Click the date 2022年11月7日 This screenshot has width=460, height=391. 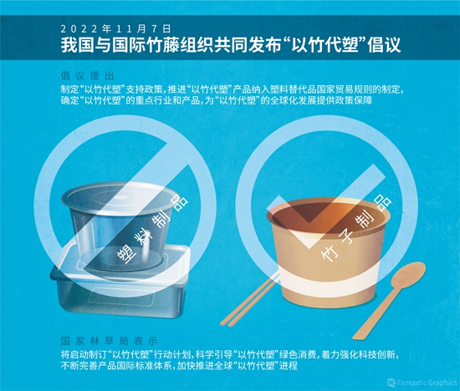pos(115,29)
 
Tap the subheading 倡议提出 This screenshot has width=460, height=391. pos(87,76)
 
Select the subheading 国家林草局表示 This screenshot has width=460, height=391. pos(109,341)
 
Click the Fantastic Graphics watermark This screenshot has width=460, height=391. pos(422,383)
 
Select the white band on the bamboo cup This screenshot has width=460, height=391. pos(329,278)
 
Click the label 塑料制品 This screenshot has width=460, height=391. pos(152,228)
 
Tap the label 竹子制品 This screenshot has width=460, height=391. pos(356,229)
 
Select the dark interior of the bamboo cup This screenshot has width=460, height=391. pos(329,216)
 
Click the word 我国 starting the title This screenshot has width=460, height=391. pos(78,45)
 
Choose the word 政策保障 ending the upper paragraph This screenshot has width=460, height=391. pos(353,100)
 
